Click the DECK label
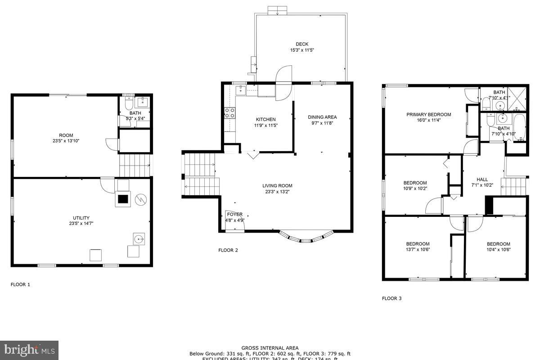coord(302,44)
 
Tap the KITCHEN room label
coord(265,119)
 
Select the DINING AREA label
coord(322,117)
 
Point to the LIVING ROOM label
coord(277,185)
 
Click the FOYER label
coord(234,215)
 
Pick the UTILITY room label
coord(81,218)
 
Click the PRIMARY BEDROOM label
coord(428,114)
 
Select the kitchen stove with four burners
coord(230,113)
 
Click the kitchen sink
coord(241,90)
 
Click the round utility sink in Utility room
coord(138,238)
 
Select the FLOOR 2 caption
coord(228,250)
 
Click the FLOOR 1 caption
coord(20,284)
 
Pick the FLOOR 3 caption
coord(391,298)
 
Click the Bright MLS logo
coord(29,350)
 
